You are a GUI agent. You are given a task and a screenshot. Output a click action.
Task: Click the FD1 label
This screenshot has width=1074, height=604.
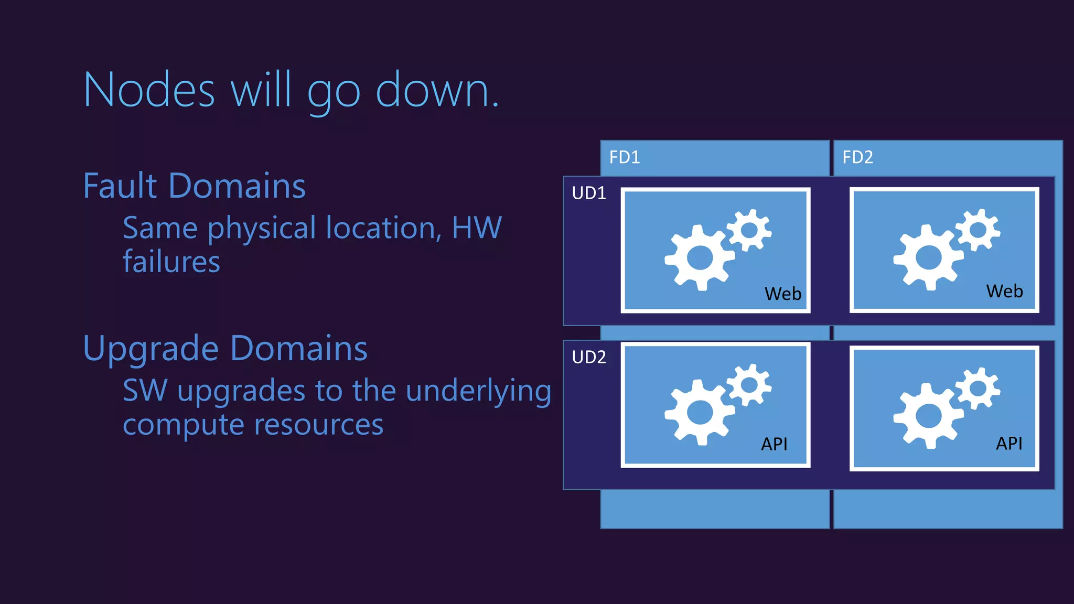625,157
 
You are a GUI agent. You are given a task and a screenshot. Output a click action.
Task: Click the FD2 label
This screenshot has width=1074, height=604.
857,157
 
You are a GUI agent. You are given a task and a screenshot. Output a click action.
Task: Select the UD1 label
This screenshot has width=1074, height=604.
589,193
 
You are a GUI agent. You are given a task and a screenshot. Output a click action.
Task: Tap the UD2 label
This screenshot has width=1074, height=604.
589,357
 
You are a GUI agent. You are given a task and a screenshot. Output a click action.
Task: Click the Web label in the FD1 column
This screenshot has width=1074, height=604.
783,294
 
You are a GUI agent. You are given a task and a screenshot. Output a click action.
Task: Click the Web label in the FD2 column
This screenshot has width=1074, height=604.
1004,291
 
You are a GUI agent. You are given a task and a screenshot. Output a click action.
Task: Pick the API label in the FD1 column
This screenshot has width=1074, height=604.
774,444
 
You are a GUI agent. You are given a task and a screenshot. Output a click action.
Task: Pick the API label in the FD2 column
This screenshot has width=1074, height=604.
1009,443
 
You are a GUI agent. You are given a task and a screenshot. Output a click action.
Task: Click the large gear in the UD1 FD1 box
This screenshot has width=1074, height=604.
700,257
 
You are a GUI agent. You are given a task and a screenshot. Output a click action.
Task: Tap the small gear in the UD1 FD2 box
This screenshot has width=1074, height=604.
978,230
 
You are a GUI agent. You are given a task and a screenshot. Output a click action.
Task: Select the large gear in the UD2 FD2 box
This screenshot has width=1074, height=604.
928,416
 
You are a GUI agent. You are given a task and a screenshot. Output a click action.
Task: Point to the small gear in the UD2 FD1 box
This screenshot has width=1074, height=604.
749,384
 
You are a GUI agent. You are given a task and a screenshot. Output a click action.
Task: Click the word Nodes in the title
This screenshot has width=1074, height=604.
149,91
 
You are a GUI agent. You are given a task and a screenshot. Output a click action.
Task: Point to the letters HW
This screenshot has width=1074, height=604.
477,228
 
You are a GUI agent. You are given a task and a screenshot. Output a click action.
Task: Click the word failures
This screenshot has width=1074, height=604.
171,262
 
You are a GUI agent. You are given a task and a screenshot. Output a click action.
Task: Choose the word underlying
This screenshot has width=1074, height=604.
478,391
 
